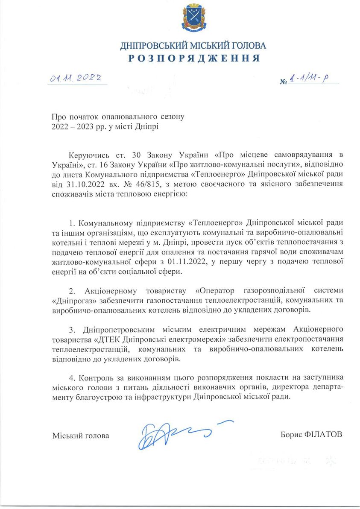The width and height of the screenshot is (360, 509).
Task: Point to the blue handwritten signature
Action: pyautogui.click(x=179, y=434)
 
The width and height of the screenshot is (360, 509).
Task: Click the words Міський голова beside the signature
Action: pyautogui.click(x=80, y=436)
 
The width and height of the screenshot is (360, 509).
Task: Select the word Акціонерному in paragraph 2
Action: pyautogui.click(x=111, y=290)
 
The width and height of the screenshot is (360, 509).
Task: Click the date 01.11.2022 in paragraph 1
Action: pyautogui.click(x=187, y=261)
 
